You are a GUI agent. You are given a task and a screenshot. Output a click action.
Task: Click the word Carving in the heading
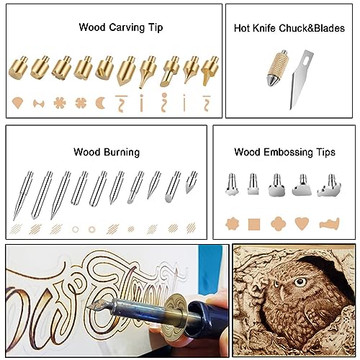point(120,28)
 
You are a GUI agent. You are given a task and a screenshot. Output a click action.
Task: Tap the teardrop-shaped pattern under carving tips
point(19,104)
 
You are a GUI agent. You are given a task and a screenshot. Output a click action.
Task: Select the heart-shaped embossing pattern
point(302,223)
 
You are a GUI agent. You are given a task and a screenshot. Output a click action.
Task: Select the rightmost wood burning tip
point(192,181)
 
